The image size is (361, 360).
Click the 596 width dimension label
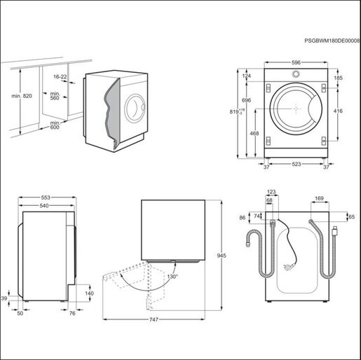296,62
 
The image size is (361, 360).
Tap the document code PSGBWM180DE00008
332,41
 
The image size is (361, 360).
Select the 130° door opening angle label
172,277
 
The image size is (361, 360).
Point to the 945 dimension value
222,256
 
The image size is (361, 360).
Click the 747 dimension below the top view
154,319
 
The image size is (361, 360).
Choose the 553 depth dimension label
46,198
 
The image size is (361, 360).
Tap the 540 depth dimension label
44,206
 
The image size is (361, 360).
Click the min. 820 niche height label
22,96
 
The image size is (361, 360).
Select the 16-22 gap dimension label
60,77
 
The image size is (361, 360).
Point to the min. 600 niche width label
55,125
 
